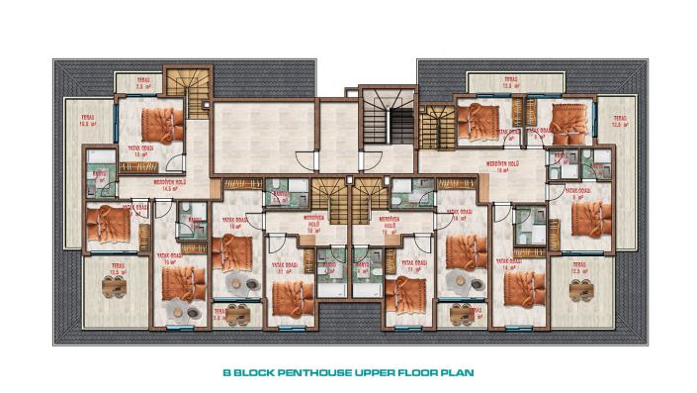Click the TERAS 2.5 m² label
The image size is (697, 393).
(x=143, y=83)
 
